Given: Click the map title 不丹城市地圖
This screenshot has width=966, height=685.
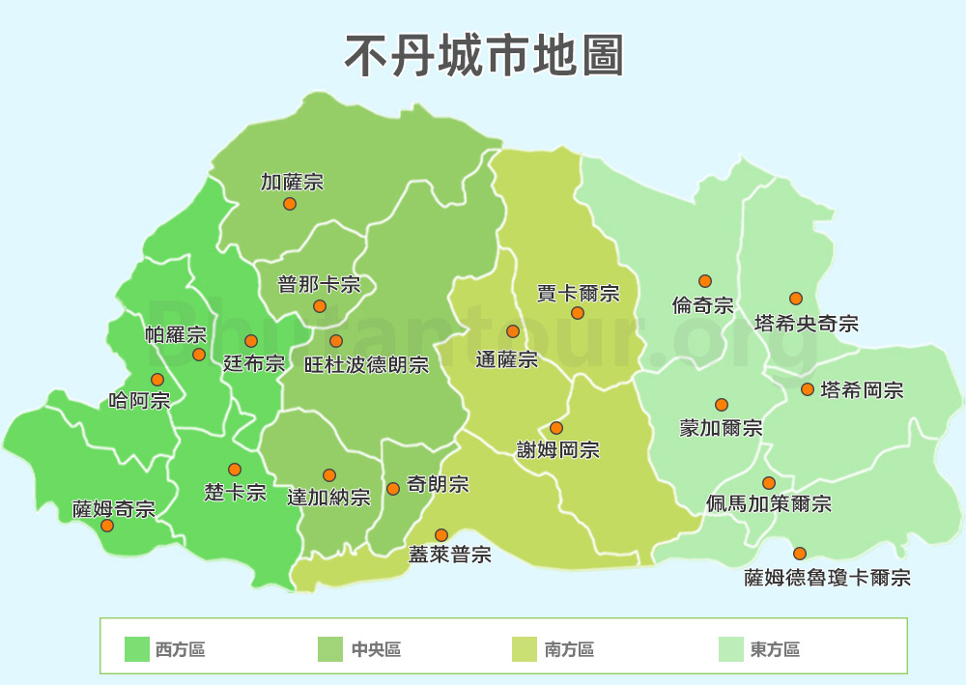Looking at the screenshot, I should click(484, 55).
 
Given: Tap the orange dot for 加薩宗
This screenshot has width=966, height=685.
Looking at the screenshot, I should click(290, 204).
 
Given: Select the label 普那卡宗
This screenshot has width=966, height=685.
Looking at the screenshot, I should click(319, 284).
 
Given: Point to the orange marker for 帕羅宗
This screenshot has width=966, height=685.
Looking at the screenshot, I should click(199, 355).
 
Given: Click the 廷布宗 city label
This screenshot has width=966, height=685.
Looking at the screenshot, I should click(254, 364).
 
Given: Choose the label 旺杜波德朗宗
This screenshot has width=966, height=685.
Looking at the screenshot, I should click(366, 365).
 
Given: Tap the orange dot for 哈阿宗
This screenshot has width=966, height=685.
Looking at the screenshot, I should click(157, 380).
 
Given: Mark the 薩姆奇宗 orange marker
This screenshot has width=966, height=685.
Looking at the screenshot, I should click(107, 526).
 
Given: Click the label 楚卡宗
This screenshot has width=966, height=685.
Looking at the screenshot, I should click(235, 492).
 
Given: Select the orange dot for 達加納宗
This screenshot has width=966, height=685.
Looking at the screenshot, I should click(329, 475).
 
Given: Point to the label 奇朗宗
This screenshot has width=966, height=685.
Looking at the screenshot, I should click(439, 484).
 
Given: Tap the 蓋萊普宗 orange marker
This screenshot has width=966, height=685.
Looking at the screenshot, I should click(441, 535).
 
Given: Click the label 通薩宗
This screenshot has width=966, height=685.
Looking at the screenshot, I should click(507, 359).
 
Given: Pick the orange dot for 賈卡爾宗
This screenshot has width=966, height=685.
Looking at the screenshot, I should click(578, 313).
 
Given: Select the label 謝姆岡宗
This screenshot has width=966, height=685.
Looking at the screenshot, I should click(557, 449).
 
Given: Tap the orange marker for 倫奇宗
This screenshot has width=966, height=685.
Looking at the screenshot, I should click(705, 281).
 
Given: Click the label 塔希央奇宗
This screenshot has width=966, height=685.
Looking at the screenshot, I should click(807, 323).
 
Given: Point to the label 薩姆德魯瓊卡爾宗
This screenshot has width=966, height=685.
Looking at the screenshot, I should click(828, 578).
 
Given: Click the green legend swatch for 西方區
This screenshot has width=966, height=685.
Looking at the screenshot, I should click(137, 650).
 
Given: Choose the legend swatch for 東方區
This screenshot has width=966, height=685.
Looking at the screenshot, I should click(730, 650).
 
